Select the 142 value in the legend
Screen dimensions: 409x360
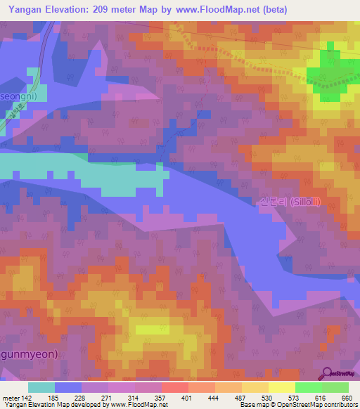point(25,397)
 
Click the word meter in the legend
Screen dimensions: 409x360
point(10,397)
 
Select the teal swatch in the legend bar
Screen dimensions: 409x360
point(41,387)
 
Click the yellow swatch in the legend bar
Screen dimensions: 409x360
point(281,387)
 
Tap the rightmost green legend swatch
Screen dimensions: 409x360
point(335,387)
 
